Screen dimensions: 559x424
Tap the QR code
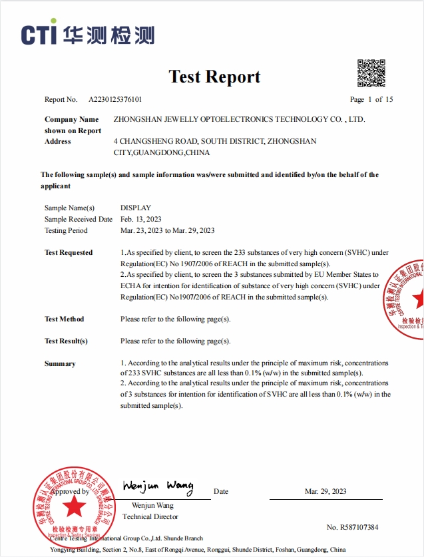[x=371, y=73]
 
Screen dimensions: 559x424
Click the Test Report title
[x=214, y=77]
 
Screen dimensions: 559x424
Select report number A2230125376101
[x=115, y=100]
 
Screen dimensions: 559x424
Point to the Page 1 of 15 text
[x=371, y=100]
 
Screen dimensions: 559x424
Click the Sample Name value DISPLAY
[x=136, y=208]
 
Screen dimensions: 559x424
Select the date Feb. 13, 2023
[x=141, y=219]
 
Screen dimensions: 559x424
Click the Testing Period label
[x=66, y=230]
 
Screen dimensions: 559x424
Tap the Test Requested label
[x=69, y=253]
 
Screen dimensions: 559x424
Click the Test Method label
[x=65, y=319]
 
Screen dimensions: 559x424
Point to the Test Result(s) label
[x=66, y=341]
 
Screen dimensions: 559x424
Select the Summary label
[x=60, y=364]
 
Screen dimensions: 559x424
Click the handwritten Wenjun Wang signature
[x=158, y=486]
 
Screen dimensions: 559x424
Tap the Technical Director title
[x=150, y=516]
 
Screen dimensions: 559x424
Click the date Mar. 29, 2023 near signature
[x=325, y=491]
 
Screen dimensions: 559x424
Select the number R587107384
[x=352, y=527]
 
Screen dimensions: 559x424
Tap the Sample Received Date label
[x=79, y=219]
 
